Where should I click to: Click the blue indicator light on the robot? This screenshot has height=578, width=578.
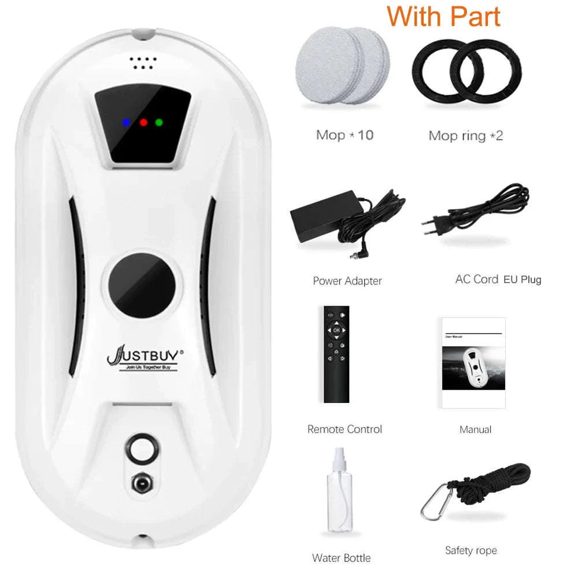coord(126,123)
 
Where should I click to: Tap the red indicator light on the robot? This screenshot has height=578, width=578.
coord(143,123)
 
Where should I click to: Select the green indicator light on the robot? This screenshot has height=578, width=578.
coord(159,123)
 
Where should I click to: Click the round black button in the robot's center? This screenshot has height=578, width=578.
coord(142,284)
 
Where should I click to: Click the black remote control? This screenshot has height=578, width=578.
coord(336,354)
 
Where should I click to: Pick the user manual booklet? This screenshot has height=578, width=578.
coord(473,362)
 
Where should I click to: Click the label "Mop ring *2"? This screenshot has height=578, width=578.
coord(465,135)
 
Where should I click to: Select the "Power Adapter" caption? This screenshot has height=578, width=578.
coord(347,281)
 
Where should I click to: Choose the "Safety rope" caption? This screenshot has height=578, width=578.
coord(470,550)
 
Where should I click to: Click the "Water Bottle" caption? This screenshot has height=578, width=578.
coord(341,558)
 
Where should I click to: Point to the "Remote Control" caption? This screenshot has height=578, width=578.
coord(344,429)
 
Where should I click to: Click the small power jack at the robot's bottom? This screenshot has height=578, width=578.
coord(142,481)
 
